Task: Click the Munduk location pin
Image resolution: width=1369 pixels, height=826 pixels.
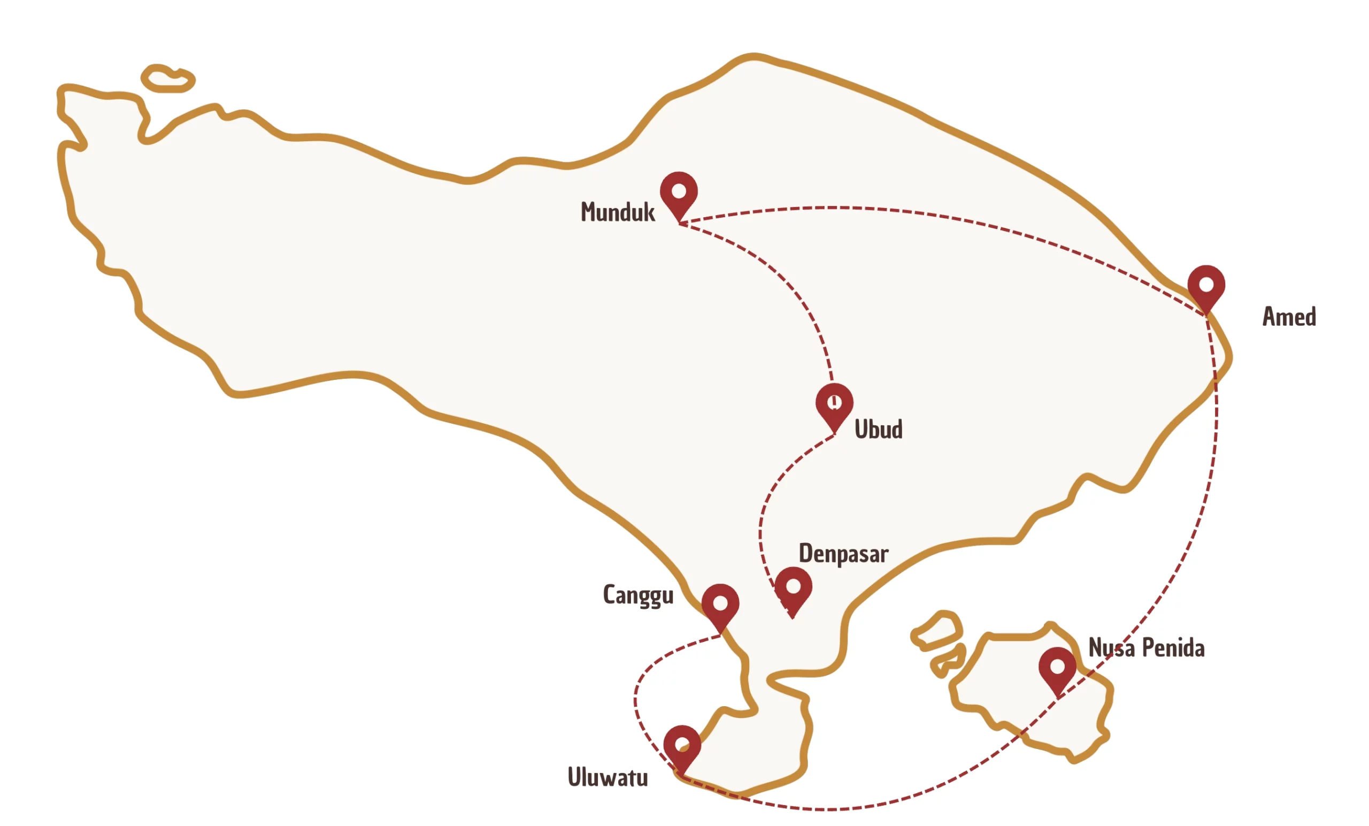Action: click(x=679, y=193)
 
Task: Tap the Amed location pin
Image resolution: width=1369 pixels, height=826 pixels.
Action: click(x=1206, y=286)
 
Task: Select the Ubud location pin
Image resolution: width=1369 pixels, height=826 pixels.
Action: click(x=834, y=403)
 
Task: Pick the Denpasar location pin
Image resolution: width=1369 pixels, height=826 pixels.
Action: click(x=793, y=587)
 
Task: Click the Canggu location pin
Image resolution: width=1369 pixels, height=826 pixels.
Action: click(x=720, y=604)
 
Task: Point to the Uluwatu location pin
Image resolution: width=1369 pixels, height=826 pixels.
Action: click(x=682, y=745)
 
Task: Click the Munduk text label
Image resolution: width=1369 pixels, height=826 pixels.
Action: click(x=617, y=212)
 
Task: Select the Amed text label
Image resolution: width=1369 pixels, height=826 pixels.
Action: click(x=1289, y=317)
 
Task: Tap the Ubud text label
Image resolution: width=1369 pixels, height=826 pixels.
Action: click(x=878, y=429)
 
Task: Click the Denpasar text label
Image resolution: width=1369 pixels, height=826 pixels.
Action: click(x=843, y=554)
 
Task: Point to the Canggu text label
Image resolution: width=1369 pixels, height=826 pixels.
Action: click(x=638, y=595)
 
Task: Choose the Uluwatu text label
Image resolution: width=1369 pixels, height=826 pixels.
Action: click(x=607, y=777)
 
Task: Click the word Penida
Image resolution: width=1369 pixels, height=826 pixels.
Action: click(x=1173, y=648)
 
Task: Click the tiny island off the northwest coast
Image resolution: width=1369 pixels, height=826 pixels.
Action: click(x=167, y=79)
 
